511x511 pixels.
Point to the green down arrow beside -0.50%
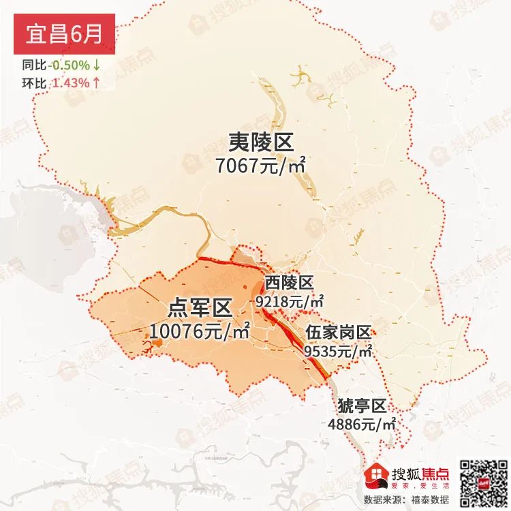[x=97, y=65]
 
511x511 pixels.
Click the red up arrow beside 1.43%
[x=97, y=83]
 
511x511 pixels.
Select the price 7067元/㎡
[x=260, y=166]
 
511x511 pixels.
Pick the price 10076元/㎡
[x=199, y=332]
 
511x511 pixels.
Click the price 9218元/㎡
[x=289, y=300]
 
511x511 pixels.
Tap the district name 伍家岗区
[x=338, y=332]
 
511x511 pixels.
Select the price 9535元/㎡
[x=338, y=351]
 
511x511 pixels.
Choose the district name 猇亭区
[x=362, y=406]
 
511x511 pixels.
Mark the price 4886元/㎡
[x=362, y=424]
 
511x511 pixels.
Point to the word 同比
[x=33, y=65]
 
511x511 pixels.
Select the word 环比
[x=33, y=83]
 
